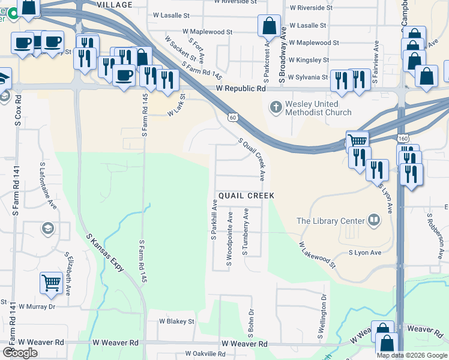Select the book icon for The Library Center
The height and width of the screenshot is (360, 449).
(x=375, y=220)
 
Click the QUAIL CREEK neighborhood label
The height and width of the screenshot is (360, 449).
(x=246, y=196)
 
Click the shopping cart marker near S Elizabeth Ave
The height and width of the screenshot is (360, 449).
(x=51, y=283)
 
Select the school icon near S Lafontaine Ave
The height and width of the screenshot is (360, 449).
(x=47, y=228)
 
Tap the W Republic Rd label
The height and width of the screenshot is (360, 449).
(x=241, y=89)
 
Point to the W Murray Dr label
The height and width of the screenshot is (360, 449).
(x=37, y=306)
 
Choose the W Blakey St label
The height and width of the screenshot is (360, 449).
(x=176, y=322)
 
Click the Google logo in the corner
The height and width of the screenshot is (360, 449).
(x=20, y=353)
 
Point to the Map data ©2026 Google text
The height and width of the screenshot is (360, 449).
(x=411, y=355)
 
